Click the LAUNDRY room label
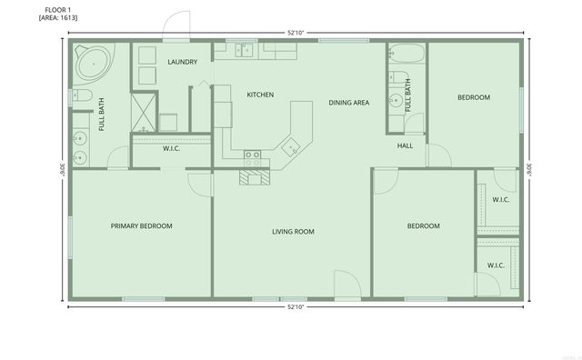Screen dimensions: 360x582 click(183, 62)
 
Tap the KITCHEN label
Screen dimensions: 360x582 click(261, 95)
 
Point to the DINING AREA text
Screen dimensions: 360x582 click(349, 103)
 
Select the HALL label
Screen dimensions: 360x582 click(406, 145)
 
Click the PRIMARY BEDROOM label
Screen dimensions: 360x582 click(142, 225)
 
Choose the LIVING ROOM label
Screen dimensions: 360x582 click(293, 232)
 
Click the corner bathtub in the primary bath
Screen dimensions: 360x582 click(92, 64)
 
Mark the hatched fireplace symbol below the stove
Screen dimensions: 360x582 click(256, 177)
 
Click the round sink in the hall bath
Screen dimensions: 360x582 click(395, 101)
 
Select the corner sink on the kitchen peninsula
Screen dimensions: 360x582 click(289, 145)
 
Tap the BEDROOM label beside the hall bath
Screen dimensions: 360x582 click(473, 97)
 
